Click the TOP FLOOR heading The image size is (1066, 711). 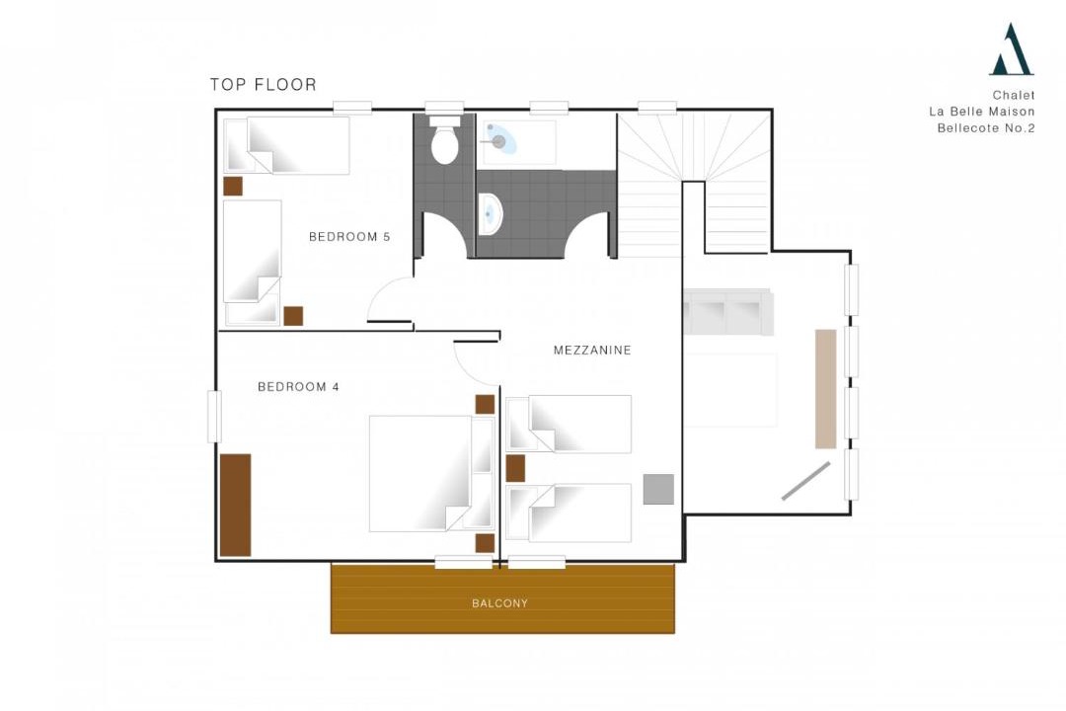pos(264,84)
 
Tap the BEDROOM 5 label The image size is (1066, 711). pos(349,237)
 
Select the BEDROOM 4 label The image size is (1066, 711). pos(298,386)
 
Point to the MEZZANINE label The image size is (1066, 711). pos(592,350)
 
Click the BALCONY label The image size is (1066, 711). pos(499,602)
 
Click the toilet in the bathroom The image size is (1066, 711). pos(444,141)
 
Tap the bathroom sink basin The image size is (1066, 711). pos(490,213)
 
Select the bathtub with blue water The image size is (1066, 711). pos(519,142)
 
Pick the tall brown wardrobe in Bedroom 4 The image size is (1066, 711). pos(235,505)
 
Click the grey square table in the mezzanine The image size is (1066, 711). pos(658,489)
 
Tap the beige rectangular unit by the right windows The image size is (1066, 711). pos(826,389)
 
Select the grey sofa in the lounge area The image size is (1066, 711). pos(728,312)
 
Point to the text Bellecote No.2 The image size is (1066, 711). pos(986,128)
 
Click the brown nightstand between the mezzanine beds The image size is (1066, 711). pos(515,469)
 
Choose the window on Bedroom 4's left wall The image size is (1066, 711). pos(215,417)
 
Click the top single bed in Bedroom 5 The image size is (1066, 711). pos(287,145)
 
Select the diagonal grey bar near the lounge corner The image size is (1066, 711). pos(806,481)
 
